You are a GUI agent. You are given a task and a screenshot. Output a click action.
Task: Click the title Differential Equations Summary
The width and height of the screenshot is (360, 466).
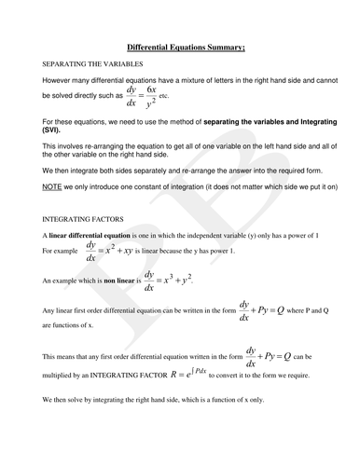(x=179, y=47)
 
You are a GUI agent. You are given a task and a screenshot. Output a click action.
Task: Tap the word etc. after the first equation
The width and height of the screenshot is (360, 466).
(x=166, y=97)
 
